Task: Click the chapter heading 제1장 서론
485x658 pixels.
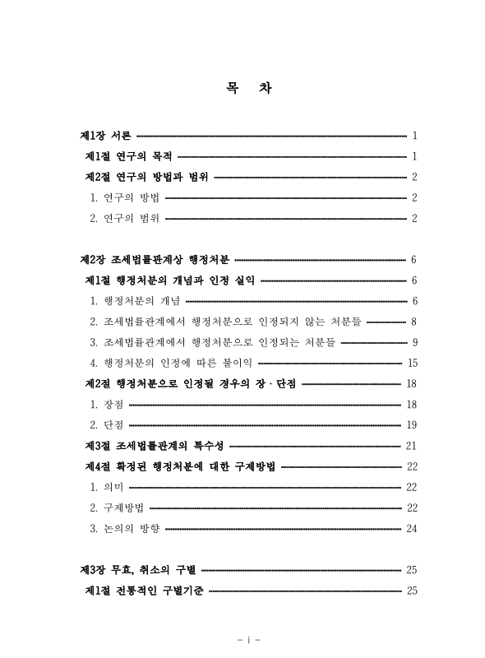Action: click(x=104, y=135)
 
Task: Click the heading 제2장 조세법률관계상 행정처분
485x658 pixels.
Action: click(x=155, y=260)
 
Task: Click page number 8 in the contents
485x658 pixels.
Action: click(x=415, y=322)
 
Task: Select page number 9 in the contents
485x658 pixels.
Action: click(x=415, y=342)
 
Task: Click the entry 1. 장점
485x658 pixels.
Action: click(x=107, y=405)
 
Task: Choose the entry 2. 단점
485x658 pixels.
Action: click(x=107, y=425)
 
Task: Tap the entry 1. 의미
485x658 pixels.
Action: click(x=107, y=488)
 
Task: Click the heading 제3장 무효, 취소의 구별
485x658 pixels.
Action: click(x=136, y=570)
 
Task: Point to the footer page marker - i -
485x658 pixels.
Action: click(x=242, y=638)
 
